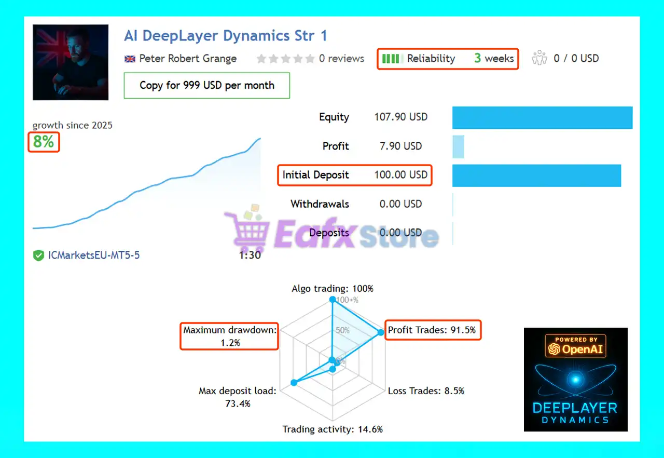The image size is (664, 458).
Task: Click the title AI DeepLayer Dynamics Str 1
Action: click(226, 36)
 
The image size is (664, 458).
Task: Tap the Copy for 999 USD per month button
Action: click(207, 86)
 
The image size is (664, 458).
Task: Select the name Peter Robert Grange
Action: click(188, 59)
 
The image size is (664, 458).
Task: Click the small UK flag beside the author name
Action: click(130, 59)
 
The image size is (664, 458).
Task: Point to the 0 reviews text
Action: click(341, 59)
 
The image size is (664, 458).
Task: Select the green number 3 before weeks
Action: click(477, 58)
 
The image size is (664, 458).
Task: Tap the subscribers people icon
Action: click(539, 58)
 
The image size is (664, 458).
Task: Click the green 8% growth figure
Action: click(44, 141)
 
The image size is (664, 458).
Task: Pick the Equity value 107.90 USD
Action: click(401, 117)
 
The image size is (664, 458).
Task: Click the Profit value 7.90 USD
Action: click(401, 146)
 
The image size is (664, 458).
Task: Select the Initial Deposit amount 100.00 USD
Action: click(401, 174)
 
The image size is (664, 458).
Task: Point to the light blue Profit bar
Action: click(458, 146)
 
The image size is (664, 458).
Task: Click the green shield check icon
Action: click(38, 255)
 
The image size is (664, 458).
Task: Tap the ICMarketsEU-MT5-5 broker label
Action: click(94, 255)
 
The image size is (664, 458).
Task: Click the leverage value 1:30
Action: click(250, 255)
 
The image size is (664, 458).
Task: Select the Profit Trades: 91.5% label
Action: click(432, 330)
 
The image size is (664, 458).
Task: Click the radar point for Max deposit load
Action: click(294, 383)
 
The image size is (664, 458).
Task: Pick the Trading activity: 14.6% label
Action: click(333, 429)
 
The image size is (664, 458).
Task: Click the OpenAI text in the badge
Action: click(583, 349)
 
